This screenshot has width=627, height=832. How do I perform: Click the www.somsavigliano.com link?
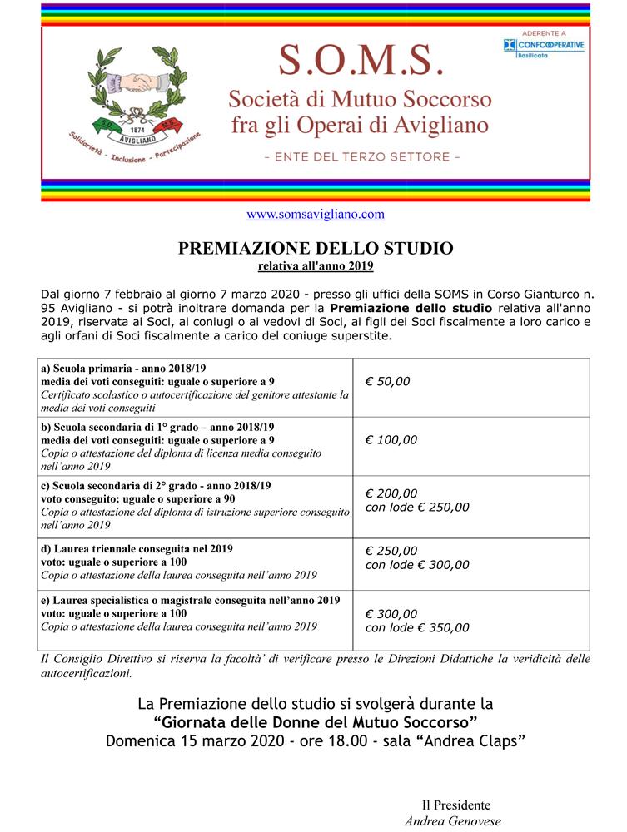coord(315,214)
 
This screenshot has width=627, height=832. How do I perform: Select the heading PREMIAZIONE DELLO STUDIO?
coord(316,248)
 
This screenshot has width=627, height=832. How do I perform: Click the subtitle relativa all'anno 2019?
coord(316,266)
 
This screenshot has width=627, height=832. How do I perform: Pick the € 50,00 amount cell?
coord(387,381)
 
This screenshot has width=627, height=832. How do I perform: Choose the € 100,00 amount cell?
coord(391,440)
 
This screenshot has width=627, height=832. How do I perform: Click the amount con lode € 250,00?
coord(417,507)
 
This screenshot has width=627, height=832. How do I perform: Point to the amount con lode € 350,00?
coord(417,627)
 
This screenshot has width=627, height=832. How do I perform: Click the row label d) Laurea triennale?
coord(137,549)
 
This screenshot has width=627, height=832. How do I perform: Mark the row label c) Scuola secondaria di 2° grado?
coord(156,485)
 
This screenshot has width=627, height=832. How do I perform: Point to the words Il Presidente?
coord(455,805)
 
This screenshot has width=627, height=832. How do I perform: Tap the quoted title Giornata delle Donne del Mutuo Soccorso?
coord(315,721)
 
